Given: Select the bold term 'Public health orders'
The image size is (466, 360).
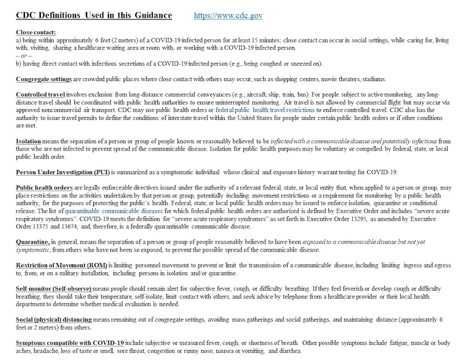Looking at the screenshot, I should tap(46, 187).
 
